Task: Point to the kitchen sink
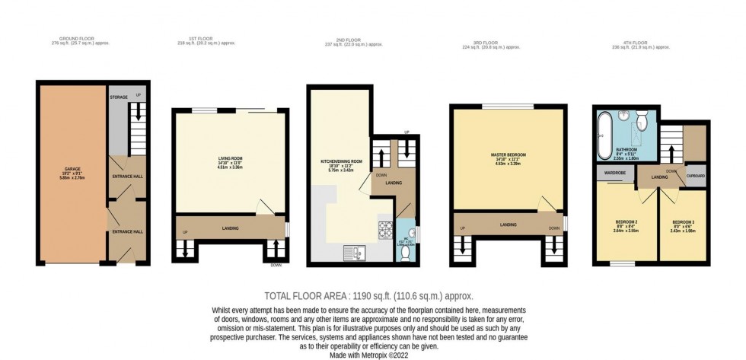click(x=355, y=250)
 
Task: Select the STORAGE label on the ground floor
click(x=118, y=97)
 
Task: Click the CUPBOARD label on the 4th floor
click(x=695, y=177)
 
